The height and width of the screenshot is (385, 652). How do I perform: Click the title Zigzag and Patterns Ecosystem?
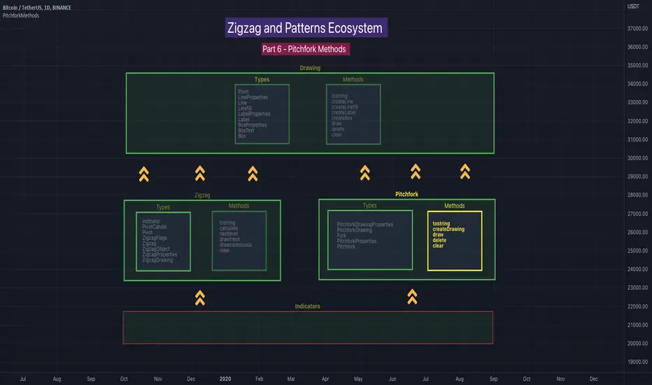tap(304, 29)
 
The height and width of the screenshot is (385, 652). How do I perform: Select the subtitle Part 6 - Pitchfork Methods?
tap(304, 49)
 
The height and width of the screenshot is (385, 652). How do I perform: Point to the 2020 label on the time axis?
tap(225, 379)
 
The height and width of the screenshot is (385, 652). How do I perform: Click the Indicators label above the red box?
tap(308, 306)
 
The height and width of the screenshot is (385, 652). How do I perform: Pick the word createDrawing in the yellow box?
tap(448, 229)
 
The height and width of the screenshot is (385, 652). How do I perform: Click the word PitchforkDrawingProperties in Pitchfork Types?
tap(364, 225)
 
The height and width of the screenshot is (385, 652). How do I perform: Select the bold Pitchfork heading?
tap(406, 194)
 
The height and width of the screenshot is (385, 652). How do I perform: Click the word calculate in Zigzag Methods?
tap(228, 228)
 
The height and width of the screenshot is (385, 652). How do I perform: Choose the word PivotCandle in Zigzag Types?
tap(157, 227)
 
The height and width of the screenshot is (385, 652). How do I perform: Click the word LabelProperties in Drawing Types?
tap(254, 114)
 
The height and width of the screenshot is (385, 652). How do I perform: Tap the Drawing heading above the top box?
tap(310, 68)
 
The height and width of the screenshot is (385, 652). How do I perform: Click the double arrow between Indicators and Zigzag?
tap(200, 298)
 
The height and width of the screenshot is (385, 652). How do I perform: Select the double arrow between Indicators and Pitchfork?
tap(412, 297)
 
